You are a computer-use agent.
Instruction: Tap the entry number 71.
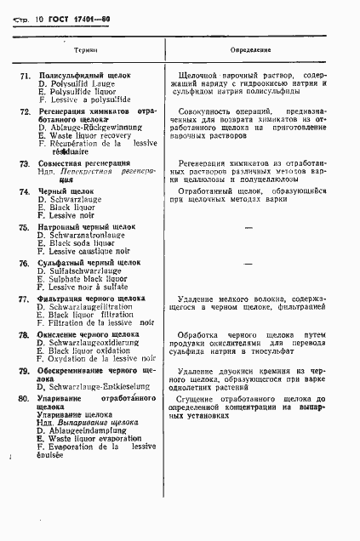[25, 75]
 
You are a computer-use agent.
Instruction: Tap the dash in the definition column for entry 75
[249, 229]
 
